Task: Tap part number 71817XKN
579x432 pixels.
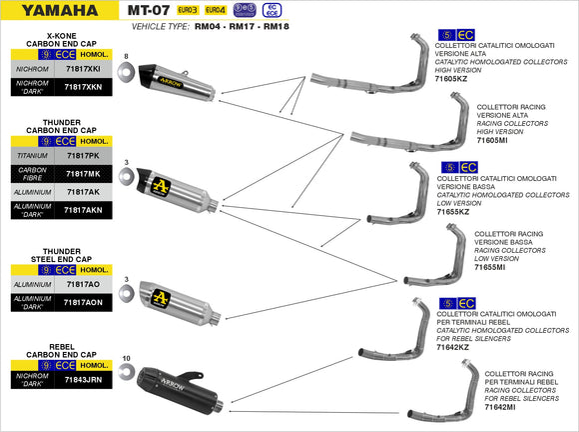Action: [x=81, y=88]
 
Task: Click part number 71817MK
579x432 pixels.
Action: [x=81, y=174]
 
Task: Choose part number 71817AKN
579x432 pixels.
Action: [x=81, y=210]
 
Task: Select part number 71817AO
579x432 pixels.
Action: [x=81, y=285]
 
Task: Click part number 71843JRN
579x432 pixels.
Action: [x=81, y=380]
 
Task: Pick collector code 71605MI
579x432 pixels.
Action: [x=493, y=141]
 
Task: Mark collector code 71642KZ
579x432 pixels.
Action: [x=454, y=347]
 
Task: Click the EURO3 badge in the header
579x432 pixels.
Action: [x=187, y=9]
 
